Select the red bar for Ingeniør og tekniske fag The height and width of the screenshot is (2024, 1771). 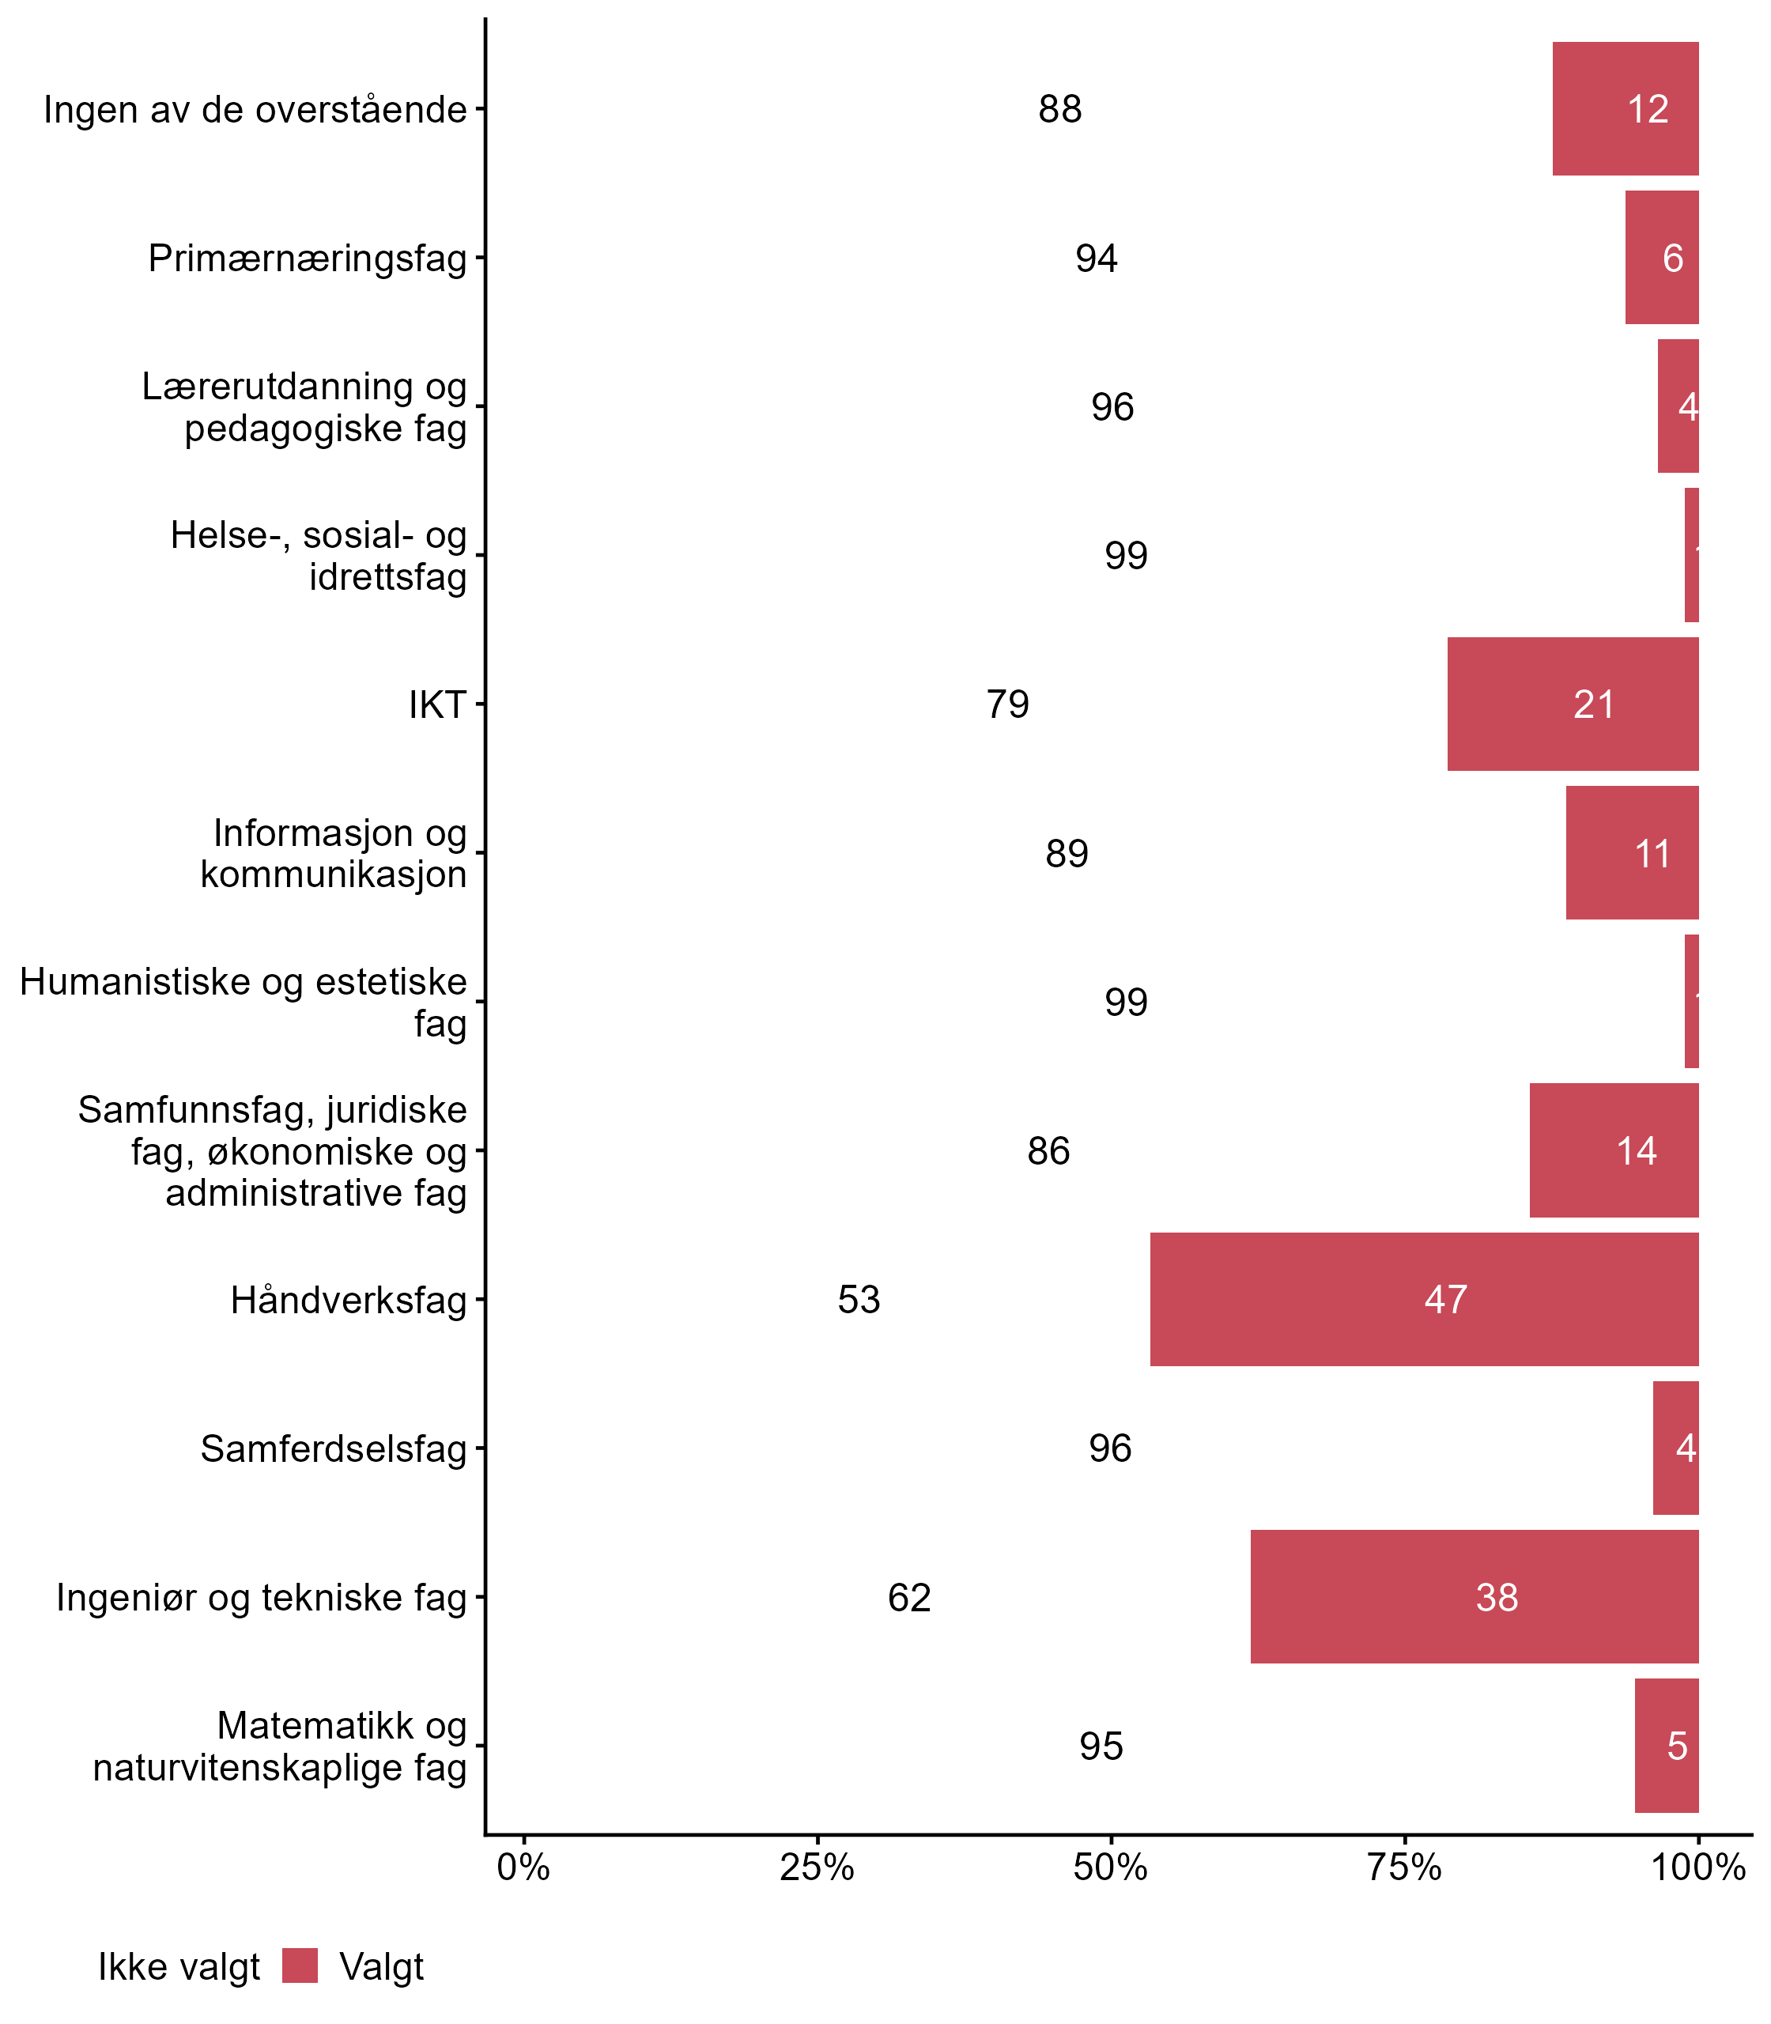1475,1596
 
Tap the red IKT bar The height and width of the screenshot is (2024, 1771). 1573,704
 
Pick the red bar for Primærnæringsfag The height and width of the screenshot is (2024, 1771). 1661,257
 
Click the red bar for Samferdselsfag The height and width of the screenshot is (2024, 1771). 1675,1448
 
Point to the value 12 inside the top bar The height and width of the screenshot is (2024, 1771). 1648,109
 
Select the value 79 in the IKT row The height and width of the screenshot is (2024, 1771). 1007,704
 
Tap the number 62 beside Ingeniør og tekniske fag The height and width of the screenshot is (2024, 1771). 909,1597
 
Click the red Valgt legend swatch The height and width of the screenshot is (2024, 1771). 300,1965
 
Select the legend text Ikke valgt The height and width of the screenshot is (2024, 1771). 179,1967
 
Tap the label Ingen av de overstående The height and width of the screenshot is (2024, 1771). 255,110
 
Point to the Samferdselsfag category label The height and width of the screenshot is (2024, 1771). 333,1448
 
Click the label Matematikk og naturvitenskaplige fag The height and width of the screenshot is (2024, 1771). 280,1746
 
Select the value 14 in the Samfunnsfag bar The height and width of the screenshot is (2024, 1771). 1637,1150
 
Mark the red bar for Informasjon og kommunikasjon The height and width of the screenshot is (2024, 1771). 1632,853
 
